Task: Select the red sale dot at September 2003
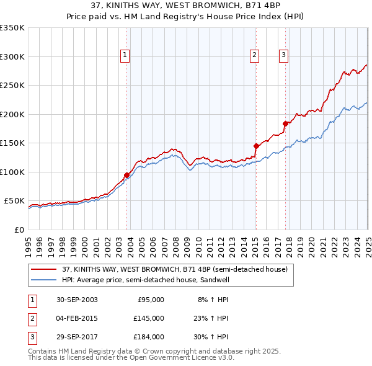pyautogui.click(x=127, y=175)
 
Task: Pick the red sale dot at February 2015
pyautogui.click(x=256, y=146)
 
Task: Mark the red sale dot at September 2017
pyautogui.click(x=286, y=123)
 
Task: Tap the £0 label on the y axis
pyautogui.click(x=19, y=230)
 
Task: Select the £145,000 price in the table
pyautogui.click(x=148, y=318)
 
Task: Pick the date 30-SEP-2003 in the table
pyautogui.click(x=77, y=300)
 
